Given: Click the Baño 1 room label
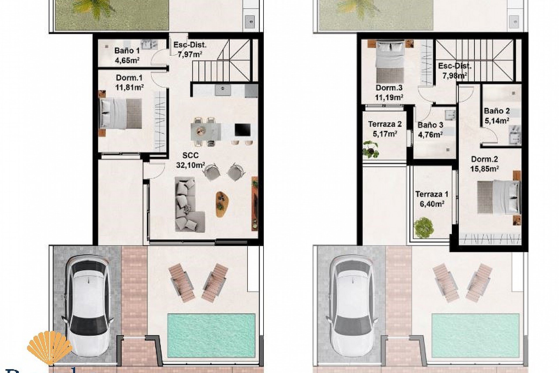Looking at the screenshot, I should [x=127, y=51].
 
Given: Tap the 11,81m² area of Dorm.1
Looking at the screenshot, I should [x=130, y=87].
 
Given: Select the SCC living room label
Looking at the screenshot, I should [x=190, y=155].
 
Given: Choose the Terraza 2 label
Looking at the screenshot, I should [x=385, y=124].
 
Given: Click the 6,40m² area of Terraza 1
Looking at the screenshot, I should [x=431, y=204].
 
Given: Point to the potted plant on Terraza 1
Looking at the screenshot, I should [x=423, y=228].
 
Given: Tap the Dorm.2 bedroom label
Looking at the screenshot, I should [x=484, y=159].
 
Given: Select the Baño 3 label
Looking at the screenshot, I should [x=430, y=125].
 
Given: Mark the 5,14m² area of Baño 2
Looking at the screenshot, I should [x=497, y=121].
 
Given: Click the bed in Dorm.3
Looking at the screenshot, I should [x=390, y=62].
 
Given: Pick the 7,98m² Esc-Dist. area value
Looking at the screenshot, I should [x=455, y=76].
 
